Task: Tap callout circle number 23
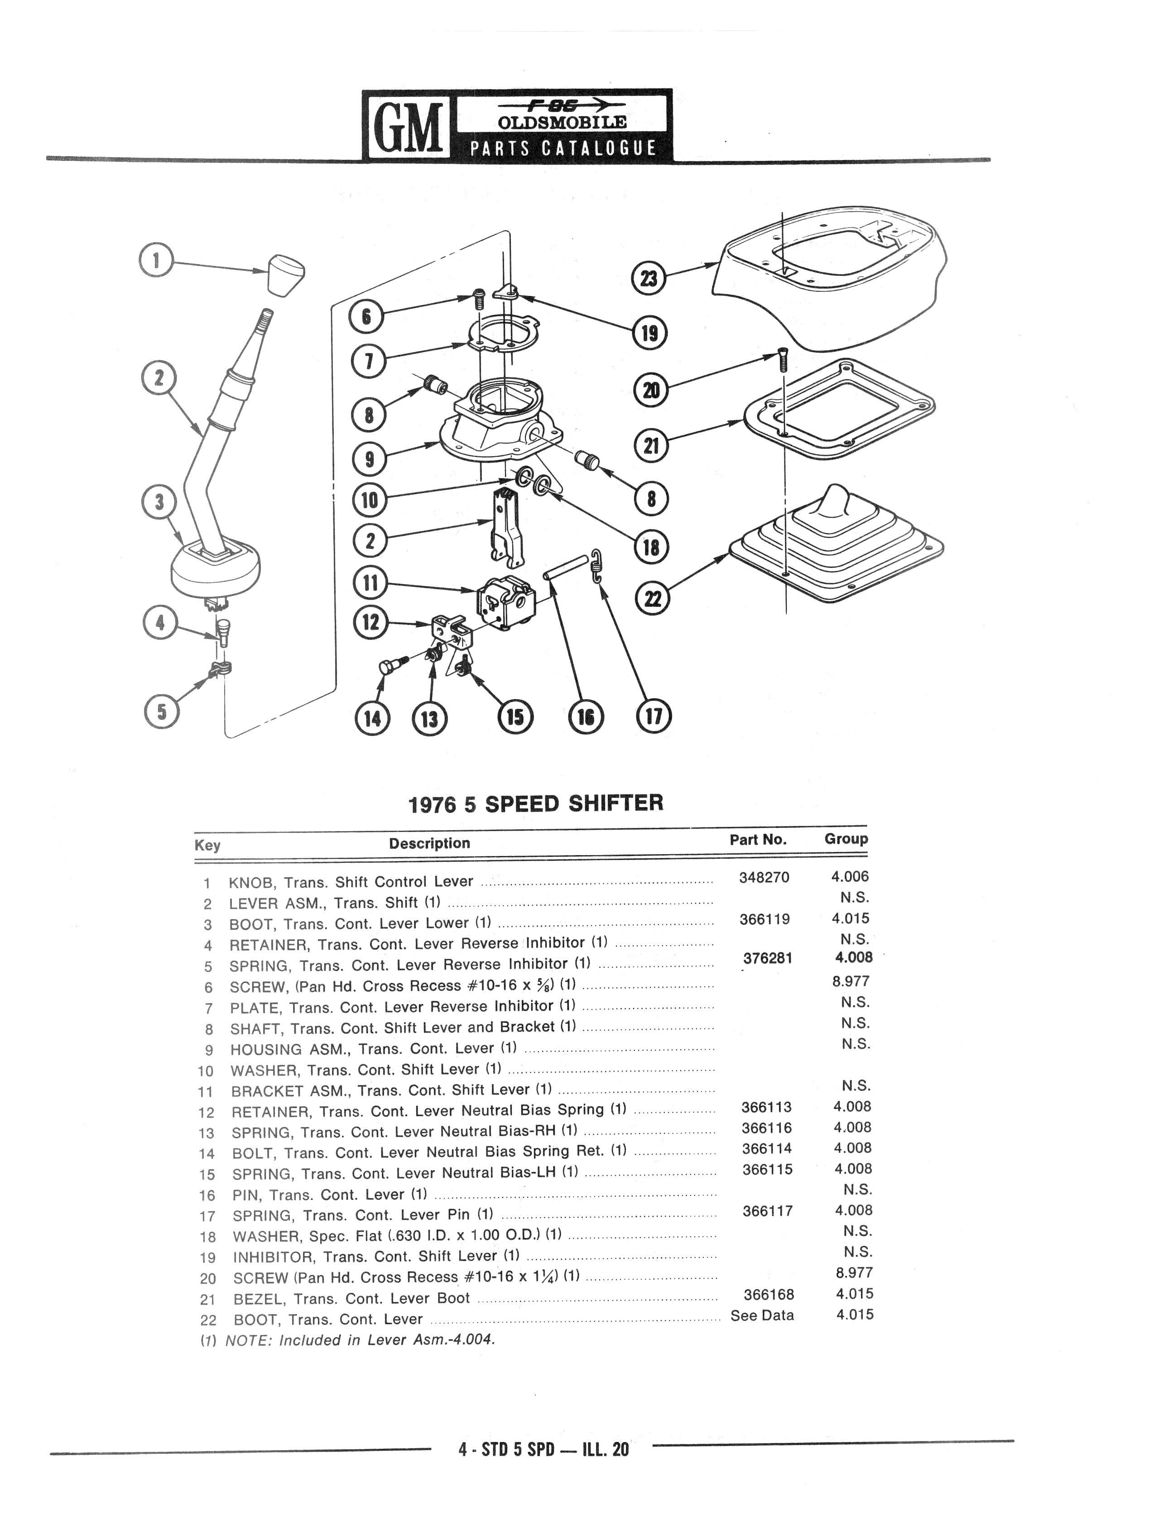[649, 278]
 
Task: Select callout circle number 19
[649, 334]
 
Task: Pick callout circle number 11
[370, 584]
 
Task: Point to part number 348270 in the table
[764, 878]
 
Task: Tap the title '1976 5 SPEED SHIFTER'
[536, 803]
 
